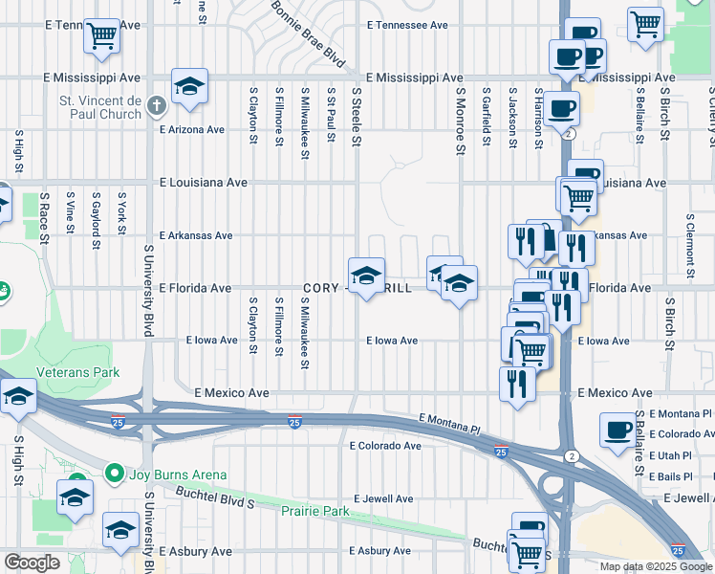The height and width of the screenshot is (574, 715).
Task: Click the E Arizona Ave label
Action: coord(192,129)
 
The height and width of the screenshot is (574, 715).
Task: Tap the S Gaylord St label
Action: coord(96,220)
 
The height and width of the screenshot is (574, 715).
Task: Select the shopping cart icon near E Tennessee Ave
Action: coord(101,36)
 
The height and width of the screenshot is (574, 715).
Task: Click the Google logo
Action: coord(32,563)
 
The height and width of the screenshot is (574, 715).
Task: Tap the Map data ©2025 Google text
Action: coord(656,566)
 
